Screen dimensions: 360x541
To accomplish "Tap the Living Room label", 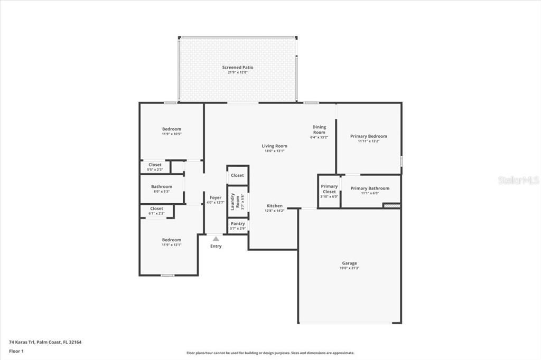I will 274,146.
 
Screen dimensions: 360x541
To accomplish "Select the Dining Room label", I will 319,129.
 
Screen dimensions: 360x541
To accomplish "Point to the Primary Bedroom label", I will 369,136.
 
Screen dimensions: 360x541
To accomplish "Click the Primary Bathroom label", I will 370,188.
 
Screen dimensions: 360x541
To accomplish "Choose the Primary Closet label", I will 329,189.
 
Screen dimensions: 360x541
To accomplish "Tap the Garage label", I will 349,263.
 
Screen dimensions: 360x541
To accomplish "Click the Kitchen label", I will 275,206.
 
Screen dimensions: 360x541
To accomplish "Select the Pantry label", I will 238,224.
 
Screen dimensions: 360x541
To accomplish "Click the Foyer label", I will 216,197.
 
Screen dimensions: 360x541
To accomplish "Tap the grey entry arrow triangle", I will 216,239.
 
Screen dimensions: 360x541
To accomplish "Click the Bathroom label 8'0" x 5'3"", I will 162,186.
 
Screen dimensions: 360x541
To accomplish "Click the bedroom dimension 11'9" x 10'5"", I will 172,134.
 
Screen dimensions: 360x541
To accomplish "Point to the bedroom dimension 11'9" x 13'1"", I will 172,245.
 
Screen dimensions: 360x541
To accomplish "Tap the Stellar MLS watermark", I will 518,180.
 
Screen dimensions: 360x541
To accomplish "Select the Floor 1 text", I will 16,350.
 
